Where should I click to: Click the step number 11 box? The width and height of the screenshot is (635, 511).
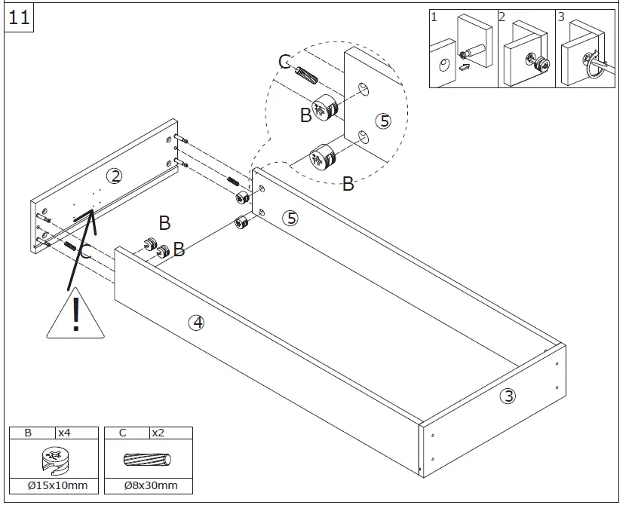pos(19,17)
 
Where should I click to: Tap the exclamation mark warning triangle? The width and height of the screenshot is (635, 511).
pos(75,314)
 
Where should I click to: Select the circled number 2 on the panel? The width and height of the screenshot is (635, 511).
pos(114,176)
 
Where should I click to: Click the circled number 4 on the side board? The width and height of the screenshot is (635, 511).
pos(196,322)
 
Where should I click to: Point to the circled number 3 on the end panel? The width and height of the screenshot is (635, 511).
pos(509,395)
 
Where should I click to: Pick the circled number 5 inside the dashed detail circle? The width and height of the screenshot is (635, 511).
pos(383,121)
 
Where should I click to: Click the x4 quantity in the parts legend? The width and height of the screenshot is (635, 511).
pos(65,433)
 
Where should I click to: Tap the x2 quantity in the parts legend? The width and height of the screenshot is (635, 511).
pos(158,433)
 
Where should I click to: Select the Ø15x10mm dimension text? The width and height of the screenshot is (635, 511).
pos(57,485)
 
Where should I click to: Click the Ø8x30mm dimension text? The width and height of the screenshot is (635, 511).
pos(151,485)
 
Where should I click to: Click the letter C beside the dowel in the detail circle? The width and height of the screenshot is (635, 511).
pos(285,62)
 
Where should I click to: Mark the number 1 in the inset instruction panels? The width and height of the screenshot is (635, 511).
pos(434,17)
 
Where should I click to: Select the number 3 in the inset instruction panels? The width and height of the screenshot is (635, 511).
pos(560,17)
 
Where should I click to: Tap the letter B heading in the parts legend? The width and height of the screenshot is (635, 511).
pos(28,433)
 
